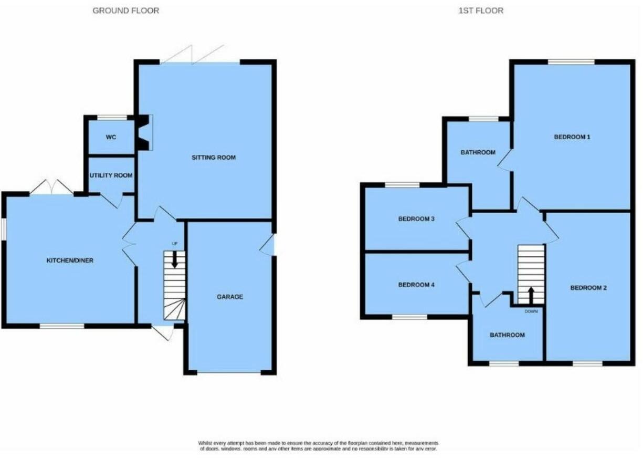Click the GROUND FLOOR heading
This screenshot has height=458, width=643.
126,11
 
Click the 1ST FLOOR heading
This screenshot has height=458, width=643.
480,11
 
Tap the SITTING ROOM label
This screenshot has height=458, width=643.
214,158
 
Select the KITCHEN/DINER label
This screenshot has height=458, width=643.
70,261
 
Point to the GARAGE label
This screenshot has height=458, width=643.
230,297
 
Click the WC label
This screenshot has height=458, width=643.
111,137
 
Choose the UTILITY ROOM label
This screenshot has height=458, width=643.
111,175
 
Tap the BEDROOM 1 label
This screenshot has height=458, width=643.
572,137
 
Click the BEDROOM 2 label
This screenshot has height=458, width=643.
588,288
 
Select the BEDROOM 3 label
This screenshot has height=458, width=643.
416,219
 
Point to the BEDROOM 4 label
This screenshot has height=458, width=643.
416,285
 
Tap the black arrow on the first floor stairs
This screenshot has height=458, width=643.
531,294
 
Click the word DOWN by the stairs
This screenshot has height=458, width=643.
531,311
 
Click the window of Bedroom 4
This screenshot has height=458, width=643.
409,317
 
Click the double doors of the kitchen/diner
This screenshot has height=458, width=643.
51,188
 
